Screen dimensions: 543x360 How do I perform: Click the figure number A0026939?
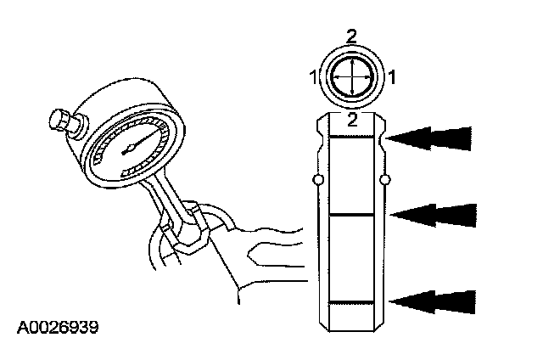(57, 327)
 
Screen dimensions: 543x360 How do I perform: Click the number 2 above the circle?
(352, 35)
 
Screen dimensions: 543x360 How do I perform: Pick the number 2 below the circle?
(352, 120)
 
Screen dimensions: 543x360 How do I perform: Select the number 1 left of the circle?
(314, 77)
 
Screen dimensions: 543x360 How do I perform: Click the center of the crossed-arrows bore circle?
(351, 77)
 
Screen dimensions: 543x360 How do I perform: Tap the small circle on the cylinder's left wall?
(317, 180)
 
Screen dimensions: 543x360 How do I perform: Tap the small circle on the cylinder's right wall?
(385, 180)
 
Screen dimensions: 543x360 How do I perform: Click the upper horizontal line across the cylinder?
(351, 138)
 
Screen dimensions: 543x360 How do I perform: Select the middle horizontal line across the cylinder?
(351, 216)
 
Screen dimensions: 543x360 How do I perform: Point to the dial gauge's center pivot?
(126, 149)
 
